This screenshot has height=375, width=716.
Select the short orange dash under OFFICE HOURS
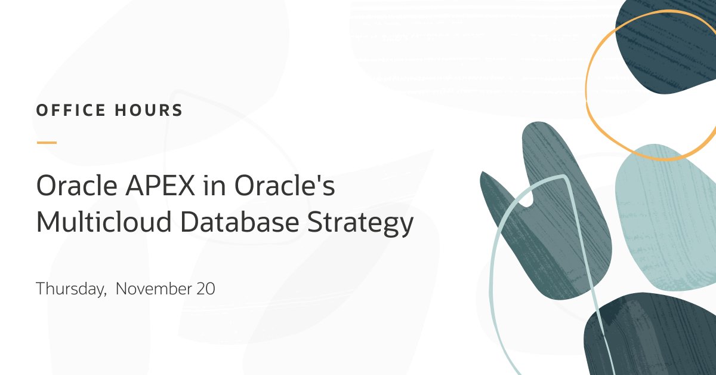tap(47, 143)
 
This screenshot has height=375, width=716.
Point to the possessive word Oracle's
tap(284, 186)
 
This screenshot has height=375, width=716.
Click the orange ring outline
tap(587, 90)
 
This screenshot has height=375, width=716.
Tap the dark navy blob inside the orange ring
tap(662, 48)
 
